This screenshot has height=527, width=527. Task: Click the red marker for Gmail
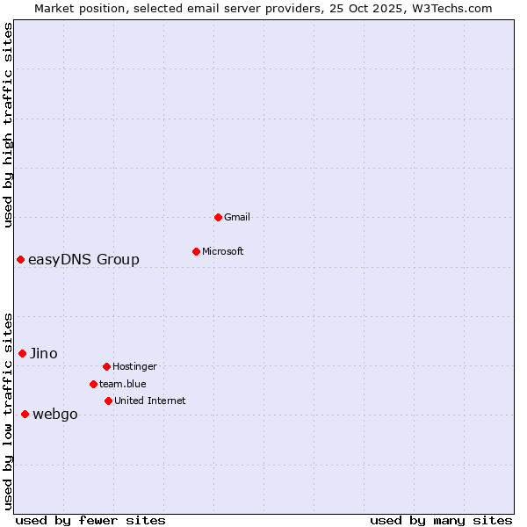[218, 217]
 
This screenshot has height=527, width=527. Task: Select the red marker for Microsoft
[196, 251]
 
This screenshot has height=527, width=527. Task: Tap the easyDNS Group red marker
[20, 259]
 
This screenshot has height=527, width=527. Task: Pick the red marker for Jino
[22, 353]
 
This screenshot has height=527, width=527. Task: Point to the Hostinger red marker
[106, 366]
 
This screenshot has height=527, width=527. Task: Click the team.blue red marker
[93, 384]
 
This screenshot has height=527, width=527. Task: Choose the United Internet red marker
[108, 401]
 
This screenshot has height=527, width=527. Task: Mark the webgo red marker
[25, 414]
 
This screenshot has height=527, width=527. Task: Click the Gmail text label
[237, 217]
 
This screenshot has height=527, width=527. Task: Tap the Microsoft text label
[223, 251]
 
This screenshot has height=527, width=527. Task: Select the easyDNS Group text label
[83, 259]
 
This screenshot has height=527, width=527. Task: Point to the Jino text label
[44, 353]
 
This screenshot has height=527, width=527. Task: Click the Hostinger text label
[134, 366]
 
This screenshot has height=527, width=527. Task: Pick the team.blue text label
[123, 384]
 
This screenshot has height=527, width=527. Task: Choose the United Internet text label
[150, 401]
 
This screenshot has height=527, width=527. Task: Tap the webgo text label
[55, 415]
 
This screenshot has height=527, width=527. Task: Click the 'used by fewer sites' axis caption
[90, 520]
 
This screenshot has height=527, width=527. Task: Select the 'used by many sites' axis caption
[441, 520]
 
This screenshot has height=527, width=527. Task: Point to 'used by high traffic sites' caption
[8, 125]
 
